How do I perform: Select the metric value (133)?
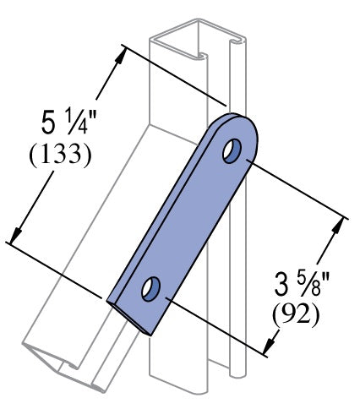coord(59,157)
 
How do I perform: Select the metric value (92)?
coord(295,314)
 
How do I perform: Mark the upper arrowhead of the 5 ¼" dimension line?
coord(125,52)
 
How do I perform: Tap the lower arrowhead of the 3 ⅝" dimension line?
coord(270,346)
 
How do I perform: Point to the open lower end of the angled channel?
coord(63,363)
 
